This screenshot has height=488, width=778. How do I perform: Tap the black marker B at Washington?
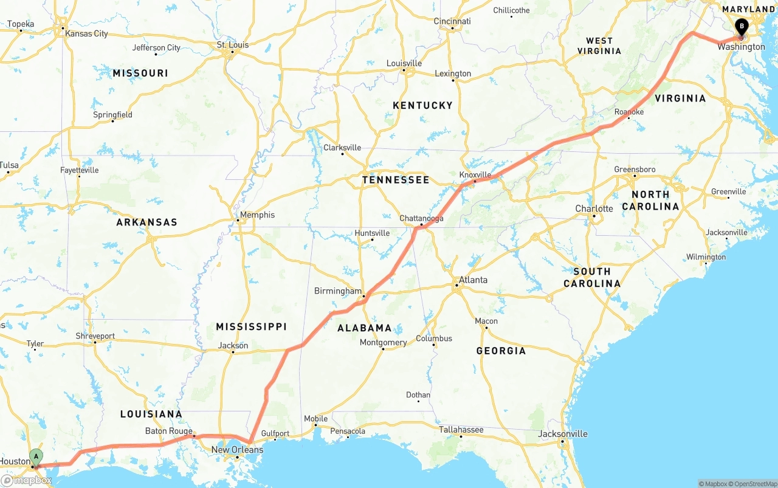tap(741, 26)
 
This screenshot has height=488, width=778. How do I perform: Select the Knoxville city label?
tap(475, 174)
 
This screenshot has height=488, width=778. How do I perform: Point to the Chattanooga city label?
tap(421, 218)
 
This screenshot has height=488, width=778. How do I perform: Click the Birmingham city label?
tap(337, 291)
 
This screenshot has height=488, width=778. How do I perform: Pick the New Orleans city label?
tap(237, 450)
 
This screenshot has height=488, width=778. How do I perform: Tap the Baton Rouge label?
tap(168, 431)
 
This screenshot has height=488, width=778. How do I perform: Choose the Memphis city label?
tap(257, 215)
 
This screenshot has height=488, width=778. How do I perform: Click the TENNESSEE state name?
tap(395, 180)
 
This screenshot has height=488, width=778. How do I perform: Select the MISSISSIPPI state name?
tap(251, 327)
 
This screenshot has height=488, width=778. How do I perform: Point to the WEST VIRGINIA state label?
tap(599, 46)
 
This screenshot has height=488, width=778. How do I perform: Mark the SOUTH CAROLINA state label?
tap(592, 277)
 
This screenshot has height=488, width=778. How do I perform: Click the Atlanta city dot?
tap(456, 285)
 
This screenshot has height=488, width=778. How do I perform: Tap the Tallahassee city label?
tap(461, 430)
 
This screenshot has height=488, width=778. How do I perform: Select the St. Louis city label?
tap(233, 44)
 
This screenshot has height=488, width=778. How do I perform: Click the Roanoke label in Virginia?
tap(628, 112)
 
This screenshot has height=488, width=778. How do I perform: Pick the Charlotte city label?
tap(594, 208)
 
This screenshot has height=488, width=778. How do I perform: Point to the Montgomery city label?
tap(383, 342)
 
